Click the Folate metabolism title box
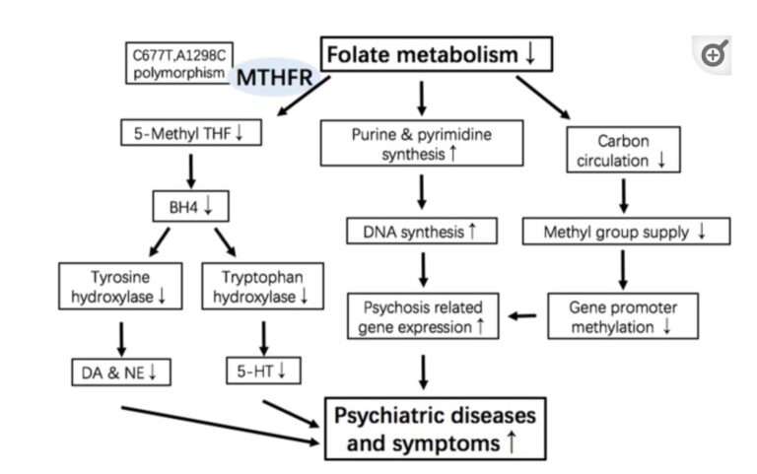click(x=435, y=54)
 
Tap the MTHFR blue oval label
click(x=273, y=77)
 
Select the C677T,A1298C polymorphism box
click(x=179, y=64)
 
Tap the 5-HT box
click(x=262, y=372)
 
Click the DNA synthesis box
click(x=421, y=232)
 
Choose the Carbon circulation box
click(x=623, y=150)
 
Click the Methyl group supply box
click(x=623, y=232)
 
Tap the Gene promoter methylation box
click(x=623, y=315)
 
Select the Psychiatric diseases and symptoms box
click(x=434, y=429)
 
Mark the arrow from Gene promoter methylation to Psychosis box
click(x=523, y=316)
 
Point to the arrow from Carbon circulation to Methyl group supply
click(x=623, y=195)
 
